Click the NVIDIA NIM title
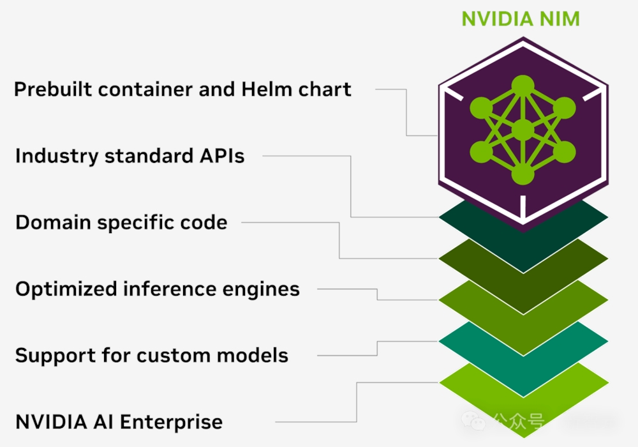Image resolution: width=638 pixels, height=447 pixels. (x=521, y=19)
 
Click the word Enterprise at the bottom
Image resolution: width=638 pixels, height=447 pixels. (x=172, y=422)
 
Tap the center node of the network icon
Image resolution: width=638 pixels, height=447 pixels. (x=523, y=130)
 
